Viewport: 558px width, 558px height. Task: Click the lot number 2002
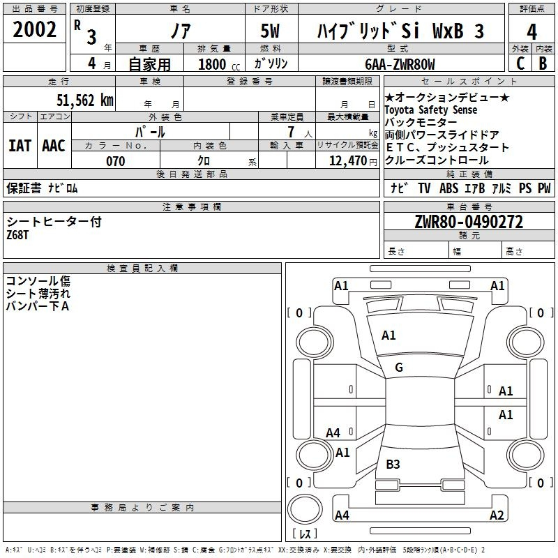pos(34,29)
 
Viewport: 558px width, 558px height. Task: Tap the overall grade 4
pos(531,32)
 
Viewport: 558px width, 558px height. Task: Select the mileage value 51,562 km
pos(85,100)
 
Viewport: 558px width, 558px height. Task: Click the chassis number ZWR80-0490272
pos(469,222)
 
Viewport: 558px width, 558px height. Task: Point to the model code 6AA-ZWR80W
pos(400,64)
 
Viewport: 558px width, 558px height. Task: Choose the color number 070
pos(116,161)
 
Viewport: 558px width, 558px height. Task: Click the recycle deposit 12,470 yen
pos(353,161)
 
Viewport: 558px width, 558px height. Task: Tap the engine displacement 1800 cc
pos(219,64)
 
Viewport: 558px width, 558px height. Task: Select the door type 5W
pos(270,31)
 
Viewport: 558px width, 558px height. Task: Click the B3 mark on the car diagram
pos(393,464)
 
